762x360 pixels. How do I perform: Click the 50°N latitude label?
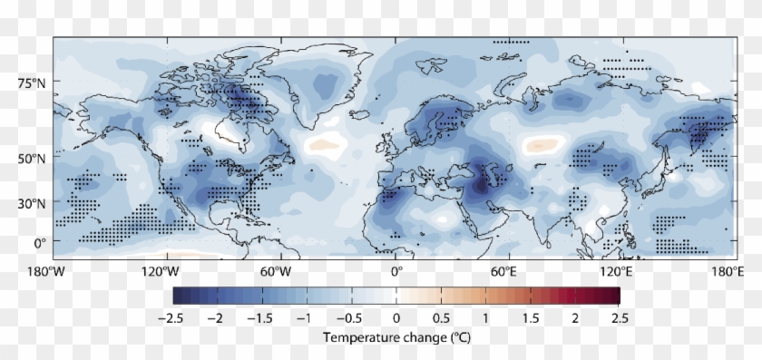point(34,158)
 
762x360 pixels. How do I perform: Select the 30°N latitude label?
point(34,201)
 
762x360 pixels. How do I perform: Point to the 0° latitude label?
point(40,243)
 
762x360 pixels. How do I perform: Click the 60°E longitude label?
point(504,270)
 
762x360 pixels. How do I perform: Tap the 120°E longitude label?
point(618,270)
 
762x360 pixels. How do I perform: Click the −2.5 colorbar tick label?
point(172,318)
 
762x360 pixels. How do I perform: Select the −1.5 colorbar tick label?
point(261,318)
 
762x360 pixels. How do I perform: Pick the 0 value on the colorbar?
point(396,318)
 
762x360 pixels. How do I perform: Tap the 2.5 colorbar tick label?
point(620,318)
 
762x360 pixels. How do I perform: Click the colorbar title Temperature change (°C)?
point(396,336)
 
